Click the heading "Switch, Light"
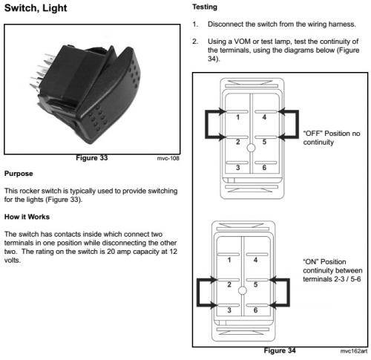pos(36,8)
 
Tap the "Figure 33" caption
pos(92,158)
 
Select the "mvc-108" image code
pos(168,158)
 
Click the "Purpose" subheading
pos(19,174)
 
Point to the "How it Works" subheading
pos(27,217)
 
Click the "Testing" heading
pos(205,7)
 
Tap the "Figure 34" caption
pos(280,350)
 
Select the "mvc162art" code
pos(354,351)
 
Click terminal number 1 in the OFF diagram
pos(237,117)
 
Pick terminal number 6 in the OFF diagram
pos(264,168)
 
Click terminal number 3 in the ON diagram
pos(229,310)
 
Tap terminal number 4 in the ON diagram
pos(255,260)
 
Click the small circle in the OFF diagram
pos(251,148)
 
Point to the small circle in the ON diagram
pos(243,290)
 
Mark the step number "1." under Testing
pos(195,24)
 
